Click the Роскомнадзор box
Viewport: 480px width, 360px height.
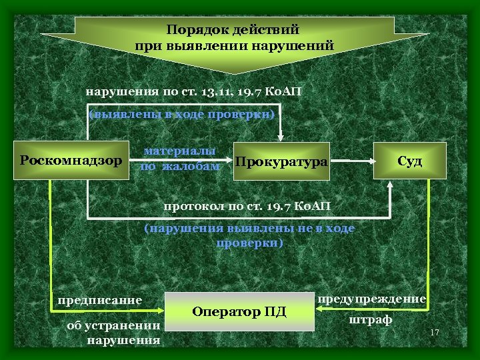[x=71, y=160]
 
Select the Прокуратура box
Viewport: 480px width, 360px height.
[x=281, y=162]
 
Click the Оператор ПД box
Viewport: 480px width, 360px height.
[x=239, y=311]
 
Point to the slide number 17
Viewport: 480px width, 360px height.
[x=435, y=333]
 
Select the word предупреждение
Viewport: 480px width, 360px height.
[x=372, y=299]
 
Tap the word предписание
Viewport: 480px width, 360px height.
[x=100, y=300]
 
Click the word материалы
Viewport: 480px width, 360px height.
[x=180, y=151]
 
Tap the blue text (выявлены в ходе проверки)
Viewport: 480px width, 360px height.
[x=182, y=114]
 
